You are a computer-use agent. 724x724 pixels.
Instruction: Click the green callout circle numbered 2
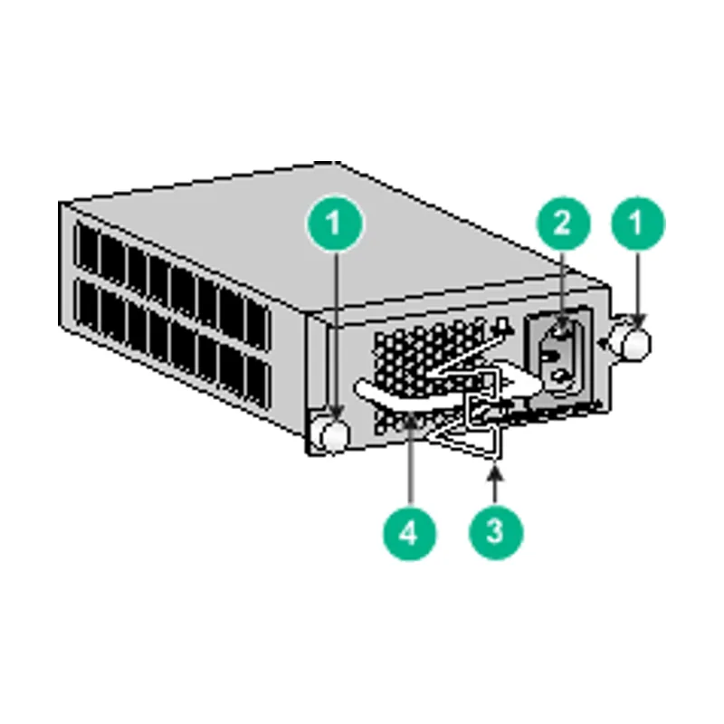(x=563, y=224)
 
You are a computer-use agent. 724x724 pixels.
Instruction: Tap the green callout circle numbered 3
(x=496, y=532)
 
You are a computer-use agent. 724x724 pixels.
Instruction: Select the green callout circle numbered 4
(x=410, y=534)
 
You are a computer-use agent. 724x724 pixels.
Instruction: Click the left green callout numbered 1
(x=335, y=224)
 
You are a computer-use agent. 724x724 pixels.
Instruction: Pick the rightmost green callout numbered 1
(x=638, y=224)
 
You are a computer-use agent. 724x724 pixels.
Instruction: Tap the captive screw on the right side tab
(x=635, y=344)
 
